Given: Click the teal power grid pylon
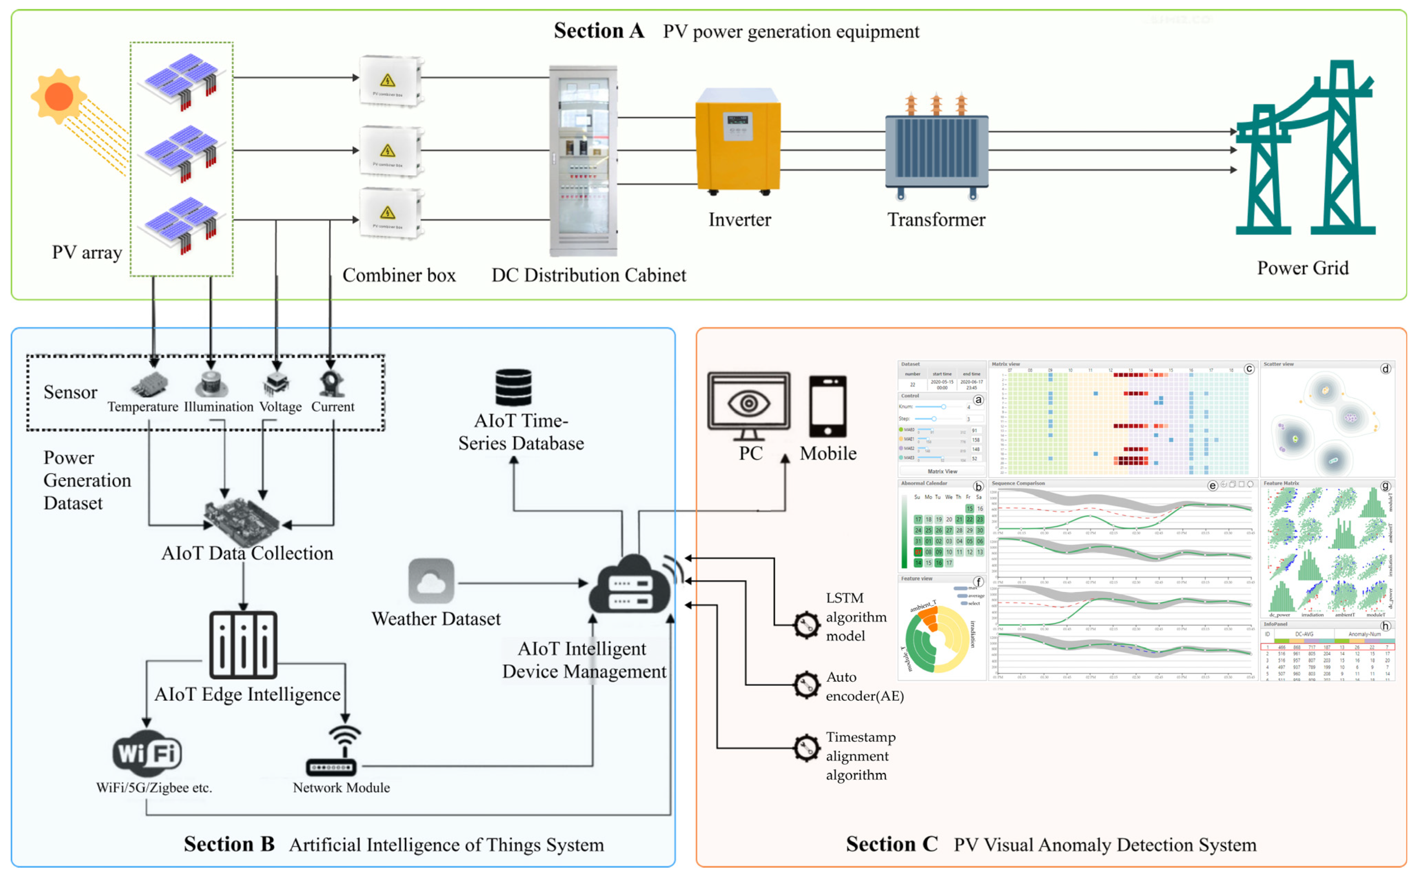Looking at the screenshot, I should coord(1306,151).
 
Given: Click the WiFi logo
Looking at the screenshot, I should coord(148,754).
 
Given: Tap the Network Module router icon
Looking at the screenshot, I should coord(331,752).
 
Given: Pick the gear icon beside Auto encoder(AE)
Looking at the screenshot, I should coord(806,686).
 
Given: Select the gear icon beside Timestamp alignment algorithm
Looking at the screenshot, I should coord(806,748).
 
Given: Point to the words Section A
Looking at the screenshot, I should coord(599,31).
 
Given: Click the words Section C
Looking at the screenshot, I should coord(891,844).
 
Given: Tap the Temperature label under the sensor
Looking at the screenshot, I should coord(143,407).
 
